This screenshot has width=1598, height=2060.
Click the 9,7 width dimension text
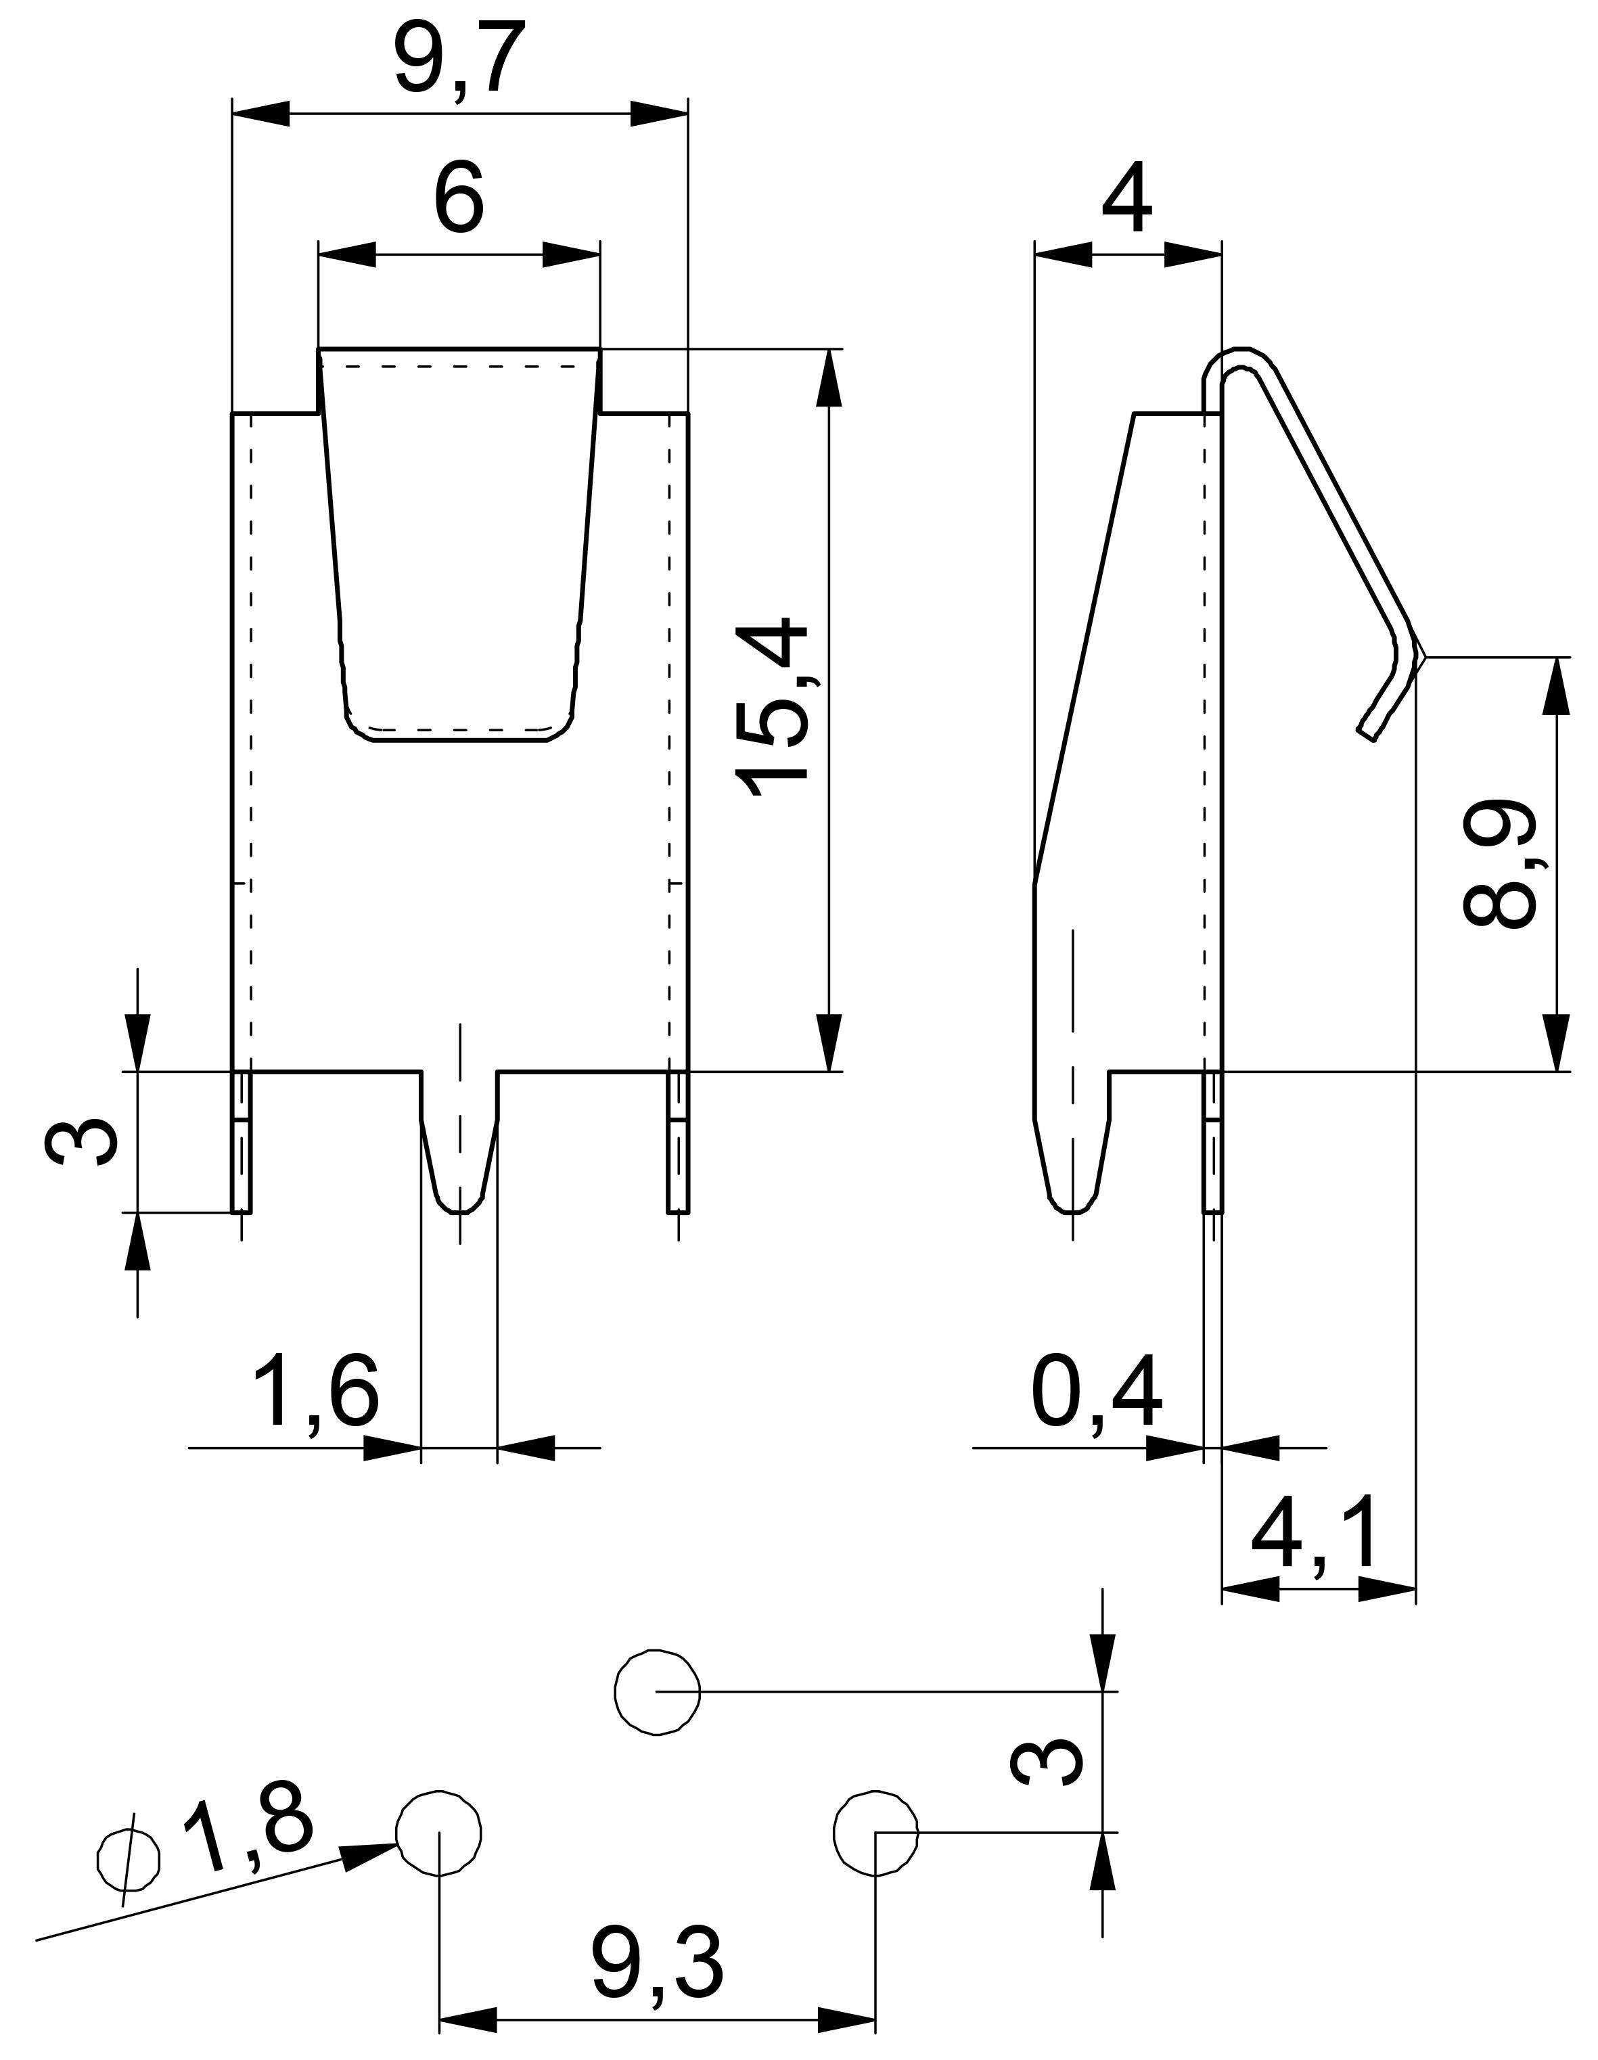point(459,62)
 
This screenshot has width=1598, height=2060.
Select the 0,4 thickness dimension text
point(1095,1396)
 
